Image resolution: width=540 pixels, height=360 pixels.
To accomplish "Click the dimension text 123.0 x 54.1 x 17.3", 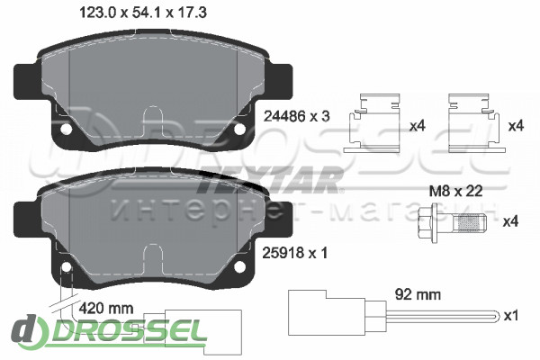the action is pos(143,13).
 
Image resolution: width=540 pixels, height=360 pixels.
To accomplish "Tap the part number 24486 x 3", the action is pos(296,116).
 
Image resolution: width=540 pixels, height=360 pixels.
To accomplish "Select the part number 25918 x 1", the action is pos(295,253).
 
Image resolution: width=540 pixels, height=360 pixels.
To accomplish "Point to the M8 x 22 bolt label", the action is pos(455,191).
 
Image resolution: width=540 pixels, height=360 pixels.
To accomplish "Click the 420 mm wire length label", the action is pos(106,308).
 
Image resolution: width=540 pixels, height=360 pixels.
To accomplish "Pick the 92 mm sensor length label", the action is pos(418,294).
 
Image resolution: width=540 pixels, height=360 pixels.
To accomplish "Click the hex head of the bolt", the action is pos(426,221).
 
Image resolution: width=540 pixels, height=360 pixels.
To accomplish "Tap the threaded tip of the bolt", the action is pos(470,222).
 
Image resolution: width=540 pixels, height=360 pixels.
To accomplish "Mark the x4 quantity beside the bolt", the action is pos(510,221).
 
